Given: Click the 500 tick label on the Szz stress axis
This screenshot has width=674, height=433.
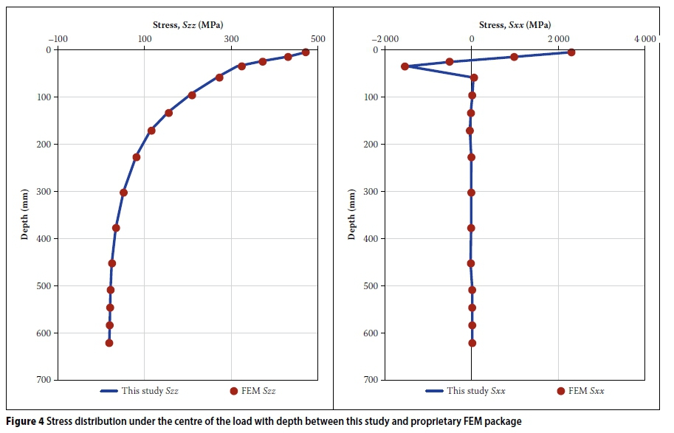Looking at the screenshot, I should tap(317, 38).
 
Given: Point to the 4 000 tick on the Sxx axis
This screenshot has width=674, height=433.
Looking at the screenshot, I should tap(644, 38).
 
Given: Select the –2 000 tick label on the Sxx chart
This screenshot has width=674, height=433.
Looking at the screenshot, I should tap(385, 38).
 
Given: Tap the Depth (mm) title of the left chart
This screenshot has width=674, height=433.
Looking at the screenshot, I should tap(25, 214).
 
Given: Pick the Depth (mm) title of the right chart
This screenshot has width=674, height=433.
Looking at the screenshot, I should tap(352, 214).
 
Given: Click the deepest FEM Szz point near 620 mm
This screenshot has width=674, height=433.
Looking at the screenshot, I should tap(109, 343).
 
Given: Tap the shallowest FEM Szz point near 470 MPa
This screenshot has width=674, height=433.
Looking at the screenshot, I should tap(306, 52).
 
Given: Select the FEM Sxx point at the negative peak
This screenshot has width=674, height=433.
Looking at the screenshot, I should tap(405, 66).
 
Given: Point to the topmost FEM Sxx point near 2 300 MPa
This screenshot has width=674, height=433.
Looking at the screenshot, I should tap(571, 52).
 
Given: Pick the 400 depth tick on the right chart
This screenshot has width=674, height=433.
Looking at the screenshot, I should tap(371, 238).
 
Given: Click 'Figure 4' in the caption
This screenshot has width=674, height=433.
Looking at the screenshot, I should tap(24, 422).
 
